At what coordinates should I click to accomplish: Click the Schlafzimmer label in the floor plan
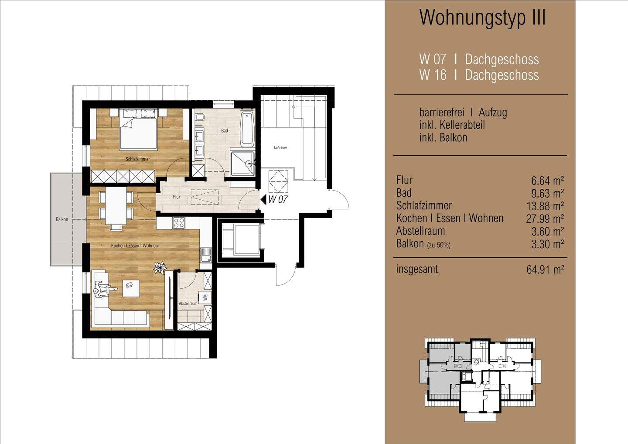click(x=137, y=159)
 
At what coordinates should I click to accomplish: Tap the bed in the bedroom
click(x=138, y=130)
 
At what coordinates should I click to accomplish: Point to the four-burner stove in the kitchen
click(x=179, y=223)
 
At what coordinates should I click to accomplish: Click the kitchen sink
click(x=205, y=255)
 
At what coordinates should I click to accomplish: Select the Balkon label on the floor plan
click(x=62, y=219)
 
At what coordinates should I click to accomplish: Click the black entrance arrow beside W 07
click(x=263, y=200)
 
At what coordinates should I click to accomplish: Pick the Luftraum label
click(x=280, y=147)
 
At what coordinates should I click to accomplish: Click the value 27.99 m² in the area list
click(x=545, y=219)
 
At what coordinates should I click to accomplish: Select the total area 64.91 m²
click(x=545, y=270)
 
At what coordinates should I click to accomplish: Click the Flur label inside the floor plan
click(x=176, y=197)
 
